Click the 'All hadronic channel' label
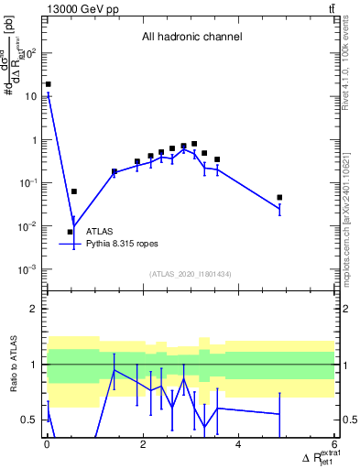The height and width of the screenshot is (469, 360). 191,38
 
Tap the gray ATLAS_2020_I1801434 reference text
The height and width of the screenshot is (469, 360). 191,275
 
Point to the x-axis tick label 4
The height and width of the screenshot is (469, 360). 239,445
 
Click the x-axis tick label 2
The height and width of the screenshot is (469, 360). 143,445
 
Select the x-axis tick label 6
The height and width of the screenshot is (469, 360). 334,445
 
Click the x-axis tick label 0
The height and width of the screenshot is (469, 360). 47,445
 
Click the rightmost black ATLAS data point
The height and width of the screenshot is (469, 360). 279,197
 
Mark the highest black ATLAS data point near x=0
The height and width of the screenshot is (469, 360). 49,84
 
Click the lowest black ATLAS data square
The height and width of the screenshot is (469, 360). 70,232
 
